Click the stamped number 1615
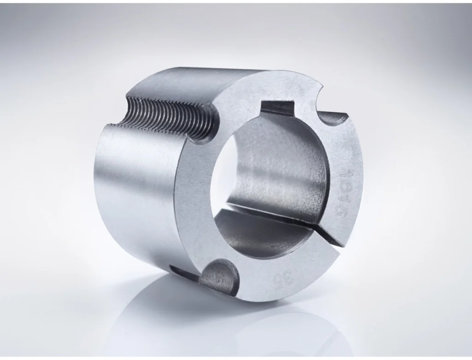[344, 193]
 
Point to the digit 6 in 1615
[344, 187]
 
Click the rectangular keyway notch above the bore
[277, 109]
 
